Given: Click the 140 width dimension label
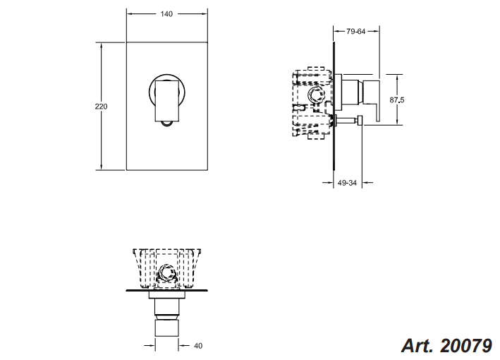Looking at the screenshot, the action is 166,13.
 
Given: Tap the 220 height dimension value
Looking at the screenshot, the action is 101,107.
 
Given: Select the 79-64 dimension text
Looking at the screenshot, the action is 356,31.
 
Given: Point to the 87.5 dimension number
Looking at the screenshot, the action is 397,100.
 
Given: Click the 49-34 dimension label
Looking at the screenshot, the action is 347,183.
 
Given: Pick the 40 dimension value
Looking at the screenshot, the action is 198,346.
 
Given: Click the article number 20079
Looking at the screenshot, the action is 466,346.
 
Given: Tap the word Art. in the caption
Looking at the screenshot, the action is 418,346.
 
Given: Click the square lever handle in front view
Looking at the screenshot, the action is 167,101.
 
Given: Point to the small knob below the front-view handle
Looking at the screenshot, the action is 167,124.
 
